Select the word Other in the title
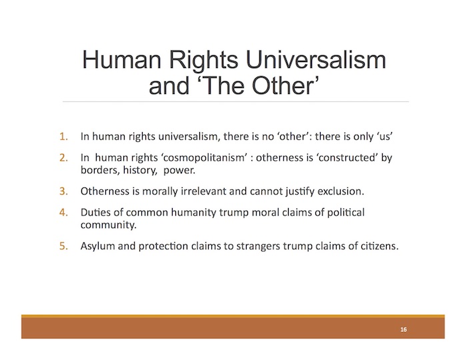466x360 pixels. pyautogui.click(x=283, y=85)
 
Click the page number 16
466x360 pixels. pyautogui.click(x=403, y=329)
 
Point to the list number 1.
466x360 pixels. pyautogui.click(x=63, y=137)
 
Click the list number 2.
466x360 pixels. pyautogui.click(x=63, y=157)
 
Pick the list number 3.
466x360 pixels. pyautogui.click(x=63, y=191)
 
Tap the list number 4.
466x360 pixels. pyautogui.click(x=63, y=212)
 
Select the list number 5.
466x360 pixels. pyautogui.click(x=63, y=246)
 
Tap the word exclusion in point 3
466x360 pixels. pyautogui.click(x=341, y=191)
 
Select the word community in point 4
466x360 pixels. pyautogui.click(x=109, y=225)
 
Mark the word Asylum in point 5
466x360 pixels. pyautogui.click(x=98, y=247)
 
